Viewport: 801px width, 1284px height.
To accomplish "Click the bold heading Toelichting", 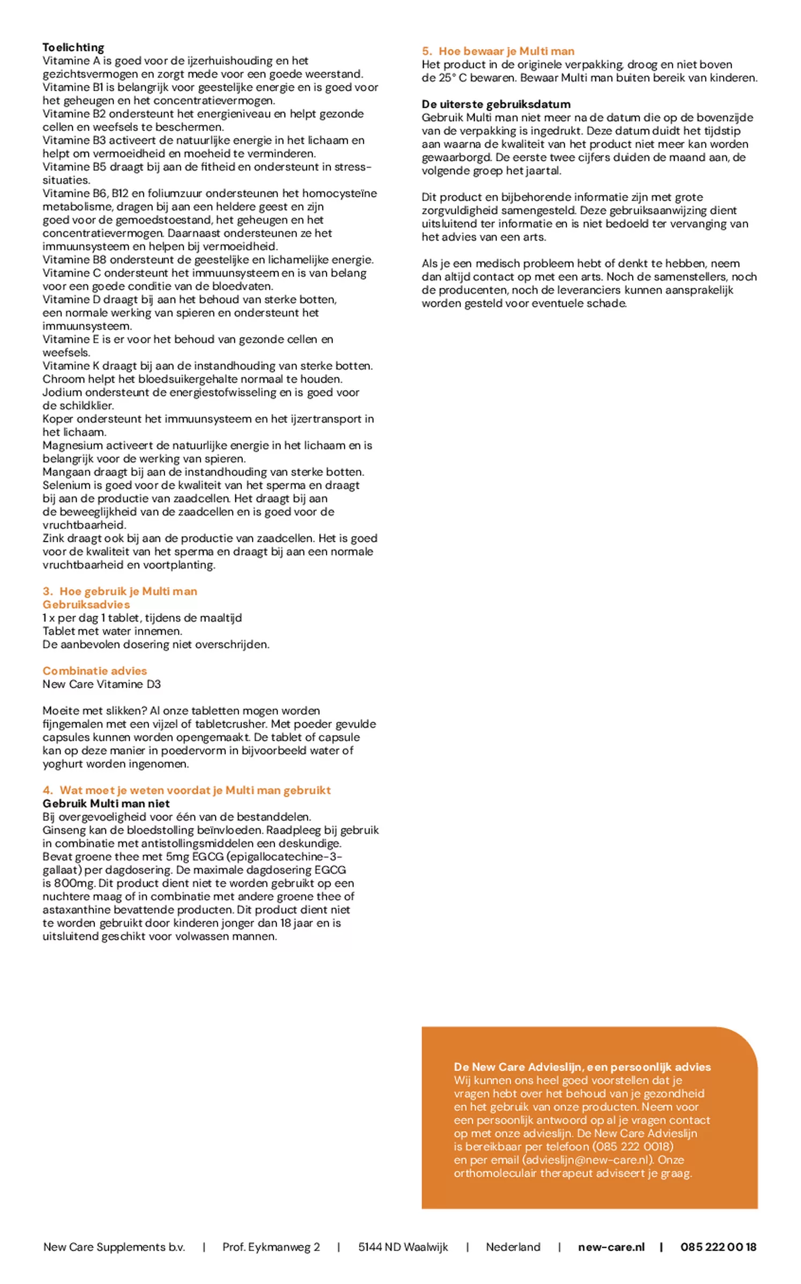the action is click(x=73, y=47).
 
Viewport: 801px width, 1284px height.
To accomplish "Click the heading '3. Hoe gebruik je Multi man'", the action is click(x=120, y=591).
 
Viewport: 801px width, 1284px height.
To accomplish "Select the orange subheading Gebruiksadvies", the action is click(x=86, y=604).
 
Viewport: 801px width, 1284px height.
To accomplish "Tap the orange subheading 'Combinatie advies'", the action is click(x=94, y=671).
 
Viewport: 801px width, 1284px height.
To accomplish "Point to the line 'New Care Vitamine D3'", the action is click(x=101, y=684).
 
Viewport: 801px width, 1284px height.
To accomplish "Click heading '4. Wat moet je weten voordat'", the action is click(x=187, y=790).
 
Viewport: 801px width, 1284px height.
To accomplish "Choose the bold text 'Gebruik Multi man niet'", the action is click(x=106, y=804).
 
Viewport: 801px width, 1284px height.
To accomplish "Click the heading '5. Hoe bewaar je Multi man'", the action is click(x=498, y=51).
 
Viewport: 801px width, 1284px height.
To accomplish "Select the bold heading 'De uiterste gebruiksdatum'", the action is click(x=495, y=104).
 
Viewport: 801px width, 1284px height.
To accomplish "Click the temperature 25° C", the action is click(x=453, y=78).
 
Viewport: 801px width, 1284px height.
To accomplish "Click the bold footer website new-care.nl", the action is click(x=611, y=1247).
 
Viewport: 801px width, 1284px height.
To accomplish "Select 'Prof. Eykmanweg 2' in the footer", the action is click(x=271, y=1247).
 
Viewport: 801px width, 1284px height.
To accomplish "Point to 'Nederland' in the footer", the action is click(x=513, y=1247).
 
